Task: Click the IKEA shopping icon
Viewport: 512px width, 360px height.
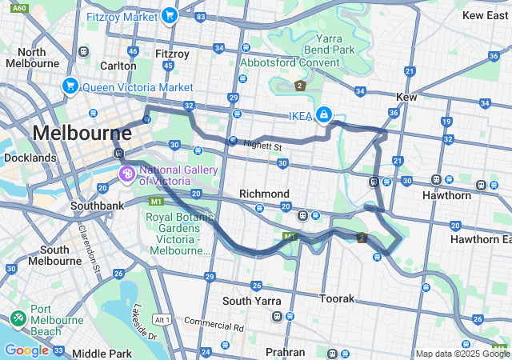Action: click(x=323, y=115)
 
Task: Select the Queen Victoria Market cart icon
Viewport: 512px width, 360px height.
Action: click(x=70, y=86)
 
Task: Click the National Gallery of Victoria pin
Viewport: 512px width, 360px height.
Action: click(x=126, y=174)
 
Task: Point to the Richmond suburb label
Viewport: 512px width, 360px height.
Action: click(x=264, y=194)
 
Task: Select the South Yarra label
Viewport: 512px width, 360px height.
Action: click(x=249, y=301)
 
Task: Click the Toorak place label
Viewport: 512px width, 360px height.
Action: click(x=336, y=298)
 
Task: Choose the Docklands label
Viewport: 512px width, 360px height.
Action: click(x=30, y=158)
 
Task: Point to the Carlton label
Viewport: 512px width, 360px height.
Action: click(x=118, y=66)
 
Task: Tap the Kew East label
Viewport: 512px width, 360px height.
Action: click(x=485, y=15)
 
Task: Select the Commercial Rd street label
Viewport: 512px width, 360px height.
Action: click(x=214, y=326)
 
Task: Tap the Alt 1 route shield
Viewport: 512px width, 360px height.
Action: click(x=162, y=318)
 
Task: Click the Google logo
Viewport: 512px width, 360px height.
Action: click(x=26, y=350)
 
